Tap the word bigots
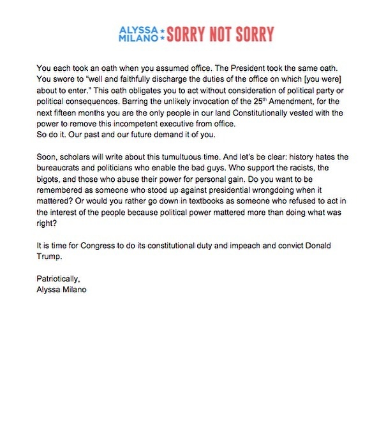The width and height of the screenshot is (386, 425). click(x=51, y=181)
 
